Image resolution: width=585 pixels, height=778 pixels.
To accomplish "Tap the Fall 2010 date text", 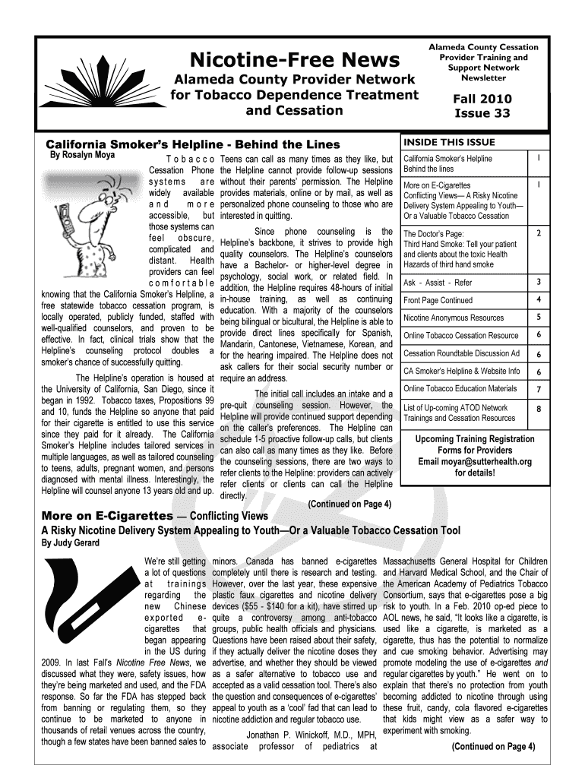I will point(482,99).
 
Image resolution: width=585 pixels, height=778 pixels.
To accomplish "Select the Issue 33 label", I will point(482,114).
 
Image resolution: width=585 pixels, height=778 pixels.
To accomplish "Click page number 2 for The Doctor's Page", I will point(538,234).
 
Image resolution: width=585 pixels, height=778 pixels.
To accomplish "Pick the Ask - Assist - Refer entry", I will point(438,283).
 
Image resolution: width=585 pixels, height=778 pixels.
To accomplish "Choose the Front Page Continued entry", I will point(438,300).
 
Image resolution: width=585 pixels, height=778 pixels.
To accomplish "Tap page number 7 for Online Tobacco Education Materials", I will point(538,390).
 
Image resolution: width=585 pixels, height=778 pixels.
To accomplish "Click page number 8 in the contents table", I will point(538,408).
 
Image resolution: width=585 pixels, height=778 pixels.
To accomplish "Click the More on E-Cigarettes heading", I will point(106,516).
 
